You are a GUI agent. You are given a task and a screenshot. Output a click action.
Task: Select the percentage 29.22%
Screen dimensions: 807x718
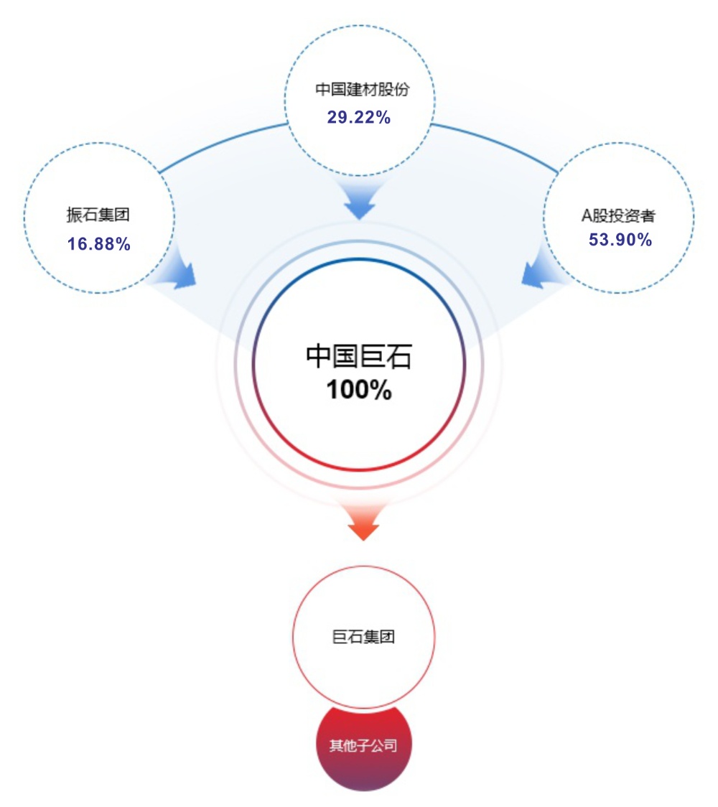click(359, 117)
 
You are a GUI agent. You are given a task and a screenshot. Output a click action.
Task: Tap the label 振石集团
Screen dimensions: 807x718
click(98, 215)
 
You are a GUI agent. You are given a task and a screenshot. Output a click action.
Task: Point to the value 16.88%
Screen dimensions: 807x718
click(99, 244)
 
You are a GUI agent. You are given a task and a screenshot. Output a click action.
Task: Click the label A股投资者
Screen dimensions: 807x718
click(618, 215)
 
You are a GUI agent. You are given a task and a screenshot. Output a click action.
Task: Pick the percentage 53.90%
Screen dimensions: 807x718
click(620, 240)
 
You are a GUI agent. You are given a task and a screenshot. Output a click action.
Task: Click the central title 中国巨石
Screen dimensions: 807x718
click(359, 356)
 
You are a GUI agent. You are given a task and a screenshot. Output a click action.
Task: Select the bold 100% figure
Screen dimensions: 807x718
click(359, 390)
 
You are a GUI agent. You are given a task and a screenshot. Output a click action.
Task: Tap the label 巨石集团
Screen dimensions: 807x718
click(363, 637)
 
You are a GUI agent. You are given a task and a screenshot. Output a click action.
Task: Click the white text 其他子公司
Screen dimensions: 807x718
click(363, 745)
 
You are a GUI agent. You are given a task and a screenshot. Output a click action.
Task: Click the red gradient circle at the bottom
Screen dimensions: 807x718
click(363, 761)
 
